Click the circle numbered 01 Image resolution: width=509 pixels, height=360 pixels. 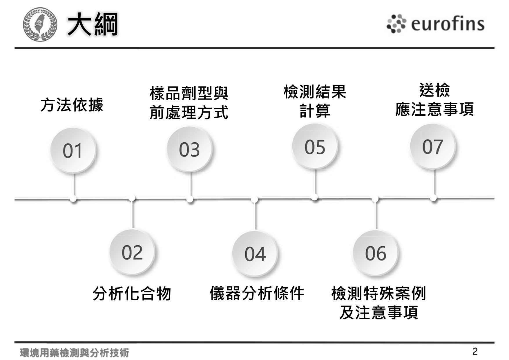[73, 150]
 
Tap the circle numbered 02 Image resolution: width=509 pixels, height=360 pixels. [132, 252]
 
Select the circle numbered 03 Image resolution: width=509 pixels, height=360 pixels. [189, 149]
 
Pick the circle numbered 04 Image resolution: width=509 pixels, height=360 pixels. [255, 254]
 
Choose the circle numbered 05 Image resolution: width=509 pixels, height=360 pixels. [315, 146]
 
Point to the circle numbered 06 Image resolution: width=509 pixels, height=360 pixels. [376, 253]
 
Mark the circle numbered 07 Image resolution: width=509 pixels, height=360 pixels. [432, 146]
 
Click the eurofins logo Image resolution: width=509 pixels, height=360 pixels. [435, 23]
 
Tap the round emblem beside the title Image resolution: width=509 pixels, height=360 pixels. [40, 24]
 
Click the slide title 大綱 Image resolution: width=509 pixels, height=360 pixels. [93, 24]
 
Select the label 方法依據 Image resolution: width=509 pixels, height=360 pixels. [72, 105]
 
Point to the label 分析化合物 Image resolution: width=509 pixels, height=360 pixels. [132, 294]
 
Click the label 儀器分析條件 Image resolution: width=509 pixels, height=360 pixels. [257, 293]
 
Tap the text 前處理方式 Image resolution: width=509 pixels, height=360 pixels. [189, 113]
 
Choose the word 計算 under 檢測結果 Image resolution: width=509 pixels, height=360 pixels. [315, 111]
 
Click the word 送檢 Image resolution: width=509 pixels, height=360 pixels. [434, 90]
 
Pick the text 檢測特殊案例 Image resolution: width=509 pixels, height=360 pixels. [378, 293]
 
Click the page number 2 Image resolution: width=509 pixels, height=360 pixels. [475, 352]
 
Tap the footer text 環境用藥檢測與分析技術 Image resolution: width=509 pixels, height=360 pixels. [75, 353]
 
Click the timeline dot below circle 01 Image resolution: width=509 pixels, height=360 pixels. [73, 199]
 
